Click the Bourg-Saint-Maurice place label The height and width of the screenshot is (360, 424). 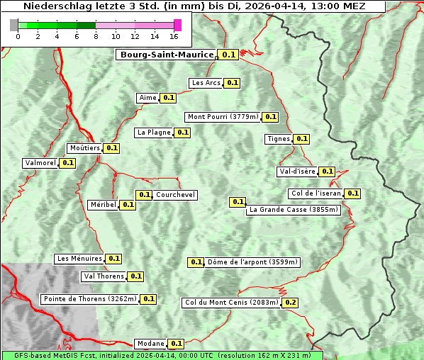coord(167,55)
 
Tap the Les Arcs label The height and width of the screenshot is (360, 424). coord(206,83)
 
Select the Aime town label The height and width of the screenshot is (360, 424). coord(147,98)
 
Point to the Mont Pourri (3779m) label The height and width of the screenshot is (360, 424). coord(223,117)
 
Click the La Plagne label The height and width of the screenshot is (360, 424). coord(154,133)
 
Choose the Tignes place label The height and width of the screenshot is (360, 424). coord(278,139)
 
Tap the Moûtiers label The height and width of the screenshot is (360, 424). coord(84,148)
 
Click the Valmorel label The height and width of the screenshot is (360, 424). coord(40,163)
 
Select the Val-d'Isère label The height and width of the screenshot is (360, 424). coord(297,171)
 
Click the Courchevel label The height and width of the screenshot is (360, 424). coord(175,195)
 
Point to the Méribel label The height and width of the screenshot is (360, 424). coord(103,205)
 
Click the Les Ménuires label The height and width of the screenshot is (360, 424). coord(79,259)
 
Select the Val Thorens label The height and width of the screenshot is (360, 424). coord(104,276)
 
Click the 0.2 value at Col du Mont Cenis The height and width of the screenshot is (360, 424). coord(290,303)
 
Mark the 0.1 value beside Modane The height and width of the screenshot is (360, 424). coord(177,344)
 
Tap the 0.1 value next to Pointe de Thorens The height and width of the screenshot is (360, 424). coord(148,299)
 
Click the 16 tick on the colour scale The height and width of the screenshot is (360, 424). coord(174,36)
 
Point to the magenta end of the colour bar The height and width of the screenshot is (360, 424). coord(178,25)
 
